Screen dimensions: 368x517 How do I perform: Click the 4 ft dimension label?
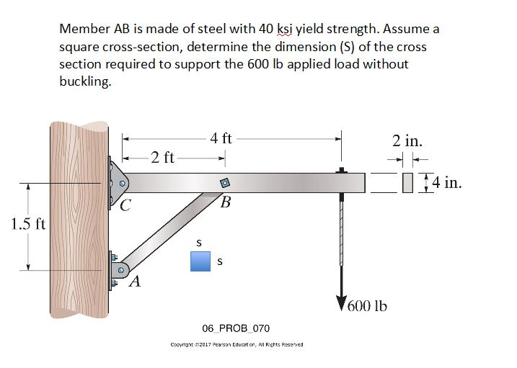221,138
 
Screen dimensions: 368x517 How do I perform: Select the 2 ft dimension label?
162,157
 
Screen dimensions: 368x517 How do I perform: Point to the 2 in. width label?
407,140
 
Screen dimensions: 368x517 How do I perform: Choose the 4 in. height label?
445,182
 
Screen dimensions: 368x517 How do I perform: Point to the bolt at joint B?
224,182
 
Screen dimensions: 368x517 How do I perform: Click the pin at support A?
121,270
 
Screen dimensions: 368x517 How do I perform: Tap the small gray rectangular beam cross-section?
408,183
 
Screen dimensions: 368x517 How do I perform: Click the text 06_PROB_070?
236,328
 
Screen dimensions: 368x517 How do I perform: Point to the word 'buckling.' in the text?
85,81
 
